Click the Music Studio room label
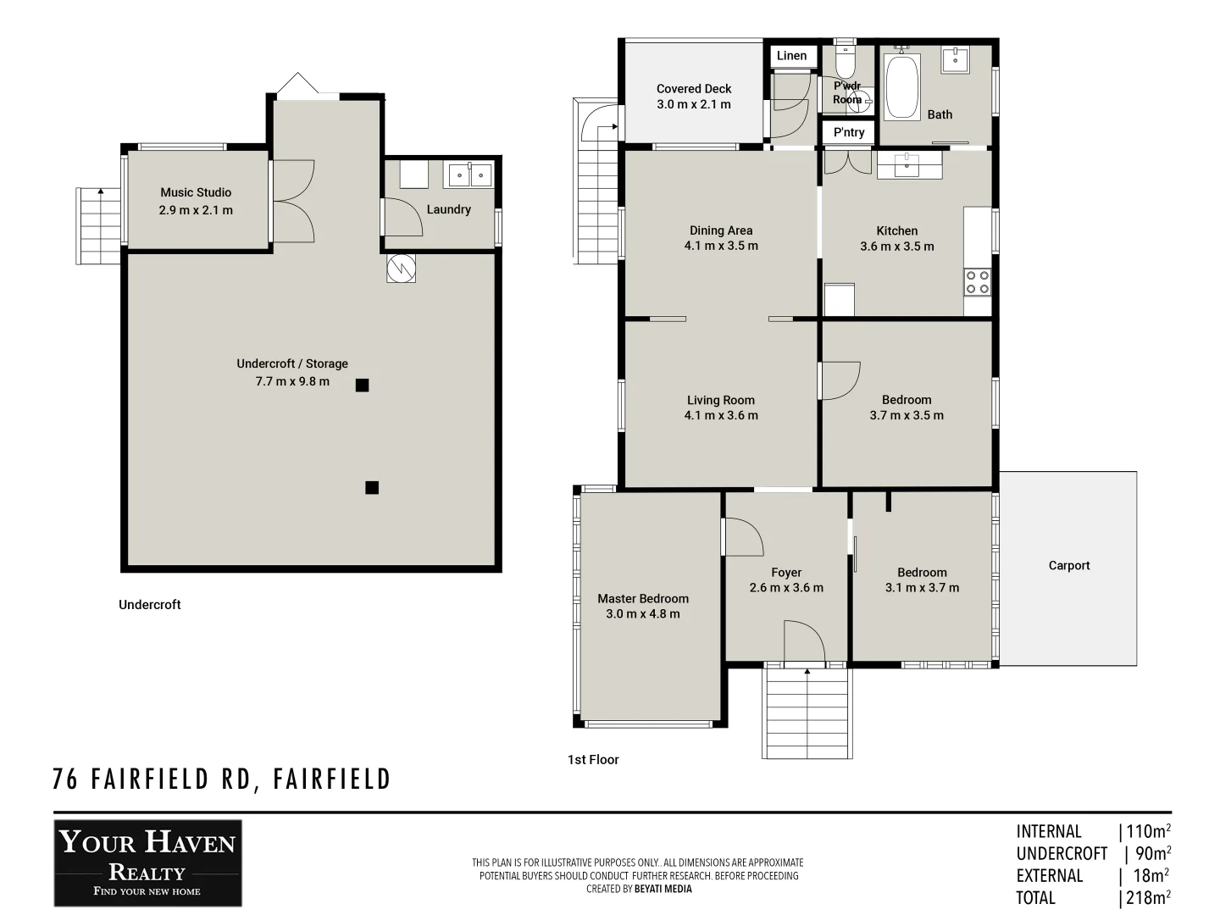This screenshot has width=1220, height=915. pos(196,192)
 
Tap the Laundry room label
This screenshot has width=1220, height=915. pos(448,209)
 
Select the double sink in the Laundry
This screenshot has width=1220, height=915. pos(469,175)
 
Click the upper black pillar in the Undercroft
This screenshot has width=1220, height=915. pos(362,385)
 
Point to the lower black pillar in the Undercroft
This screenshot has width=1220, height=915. pos(372,487)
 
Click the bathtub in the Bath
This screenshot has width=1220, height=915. pos(901,87)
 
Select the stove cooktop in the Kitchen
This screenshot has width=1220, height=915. pos(977,281)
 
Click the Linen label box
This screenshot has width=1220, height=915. pos(792,56)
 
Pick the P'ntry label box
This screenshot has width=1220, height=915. pos(848,132)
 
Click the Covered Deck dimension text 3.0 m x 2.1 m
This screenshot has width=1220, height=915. pos(693,104)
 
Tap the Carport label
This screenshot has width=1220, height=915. pos(1068,565)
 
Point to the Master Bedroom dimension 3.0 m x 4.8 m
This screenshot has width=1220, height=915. pos(642,614)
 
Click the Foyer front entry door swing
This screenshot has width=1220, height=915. pos(804,642)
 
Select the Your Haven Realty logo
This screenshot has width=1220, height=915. pos(148,862)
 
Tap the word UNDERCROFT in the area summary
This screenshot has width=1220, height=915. pos(1062,854)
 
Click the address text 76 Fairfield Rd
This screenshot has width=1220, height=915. pos(221,779)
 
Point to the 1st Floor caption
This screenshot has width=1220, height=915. pos(593,760)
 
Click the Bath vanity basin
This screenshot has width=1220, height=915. pos(955,59)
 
